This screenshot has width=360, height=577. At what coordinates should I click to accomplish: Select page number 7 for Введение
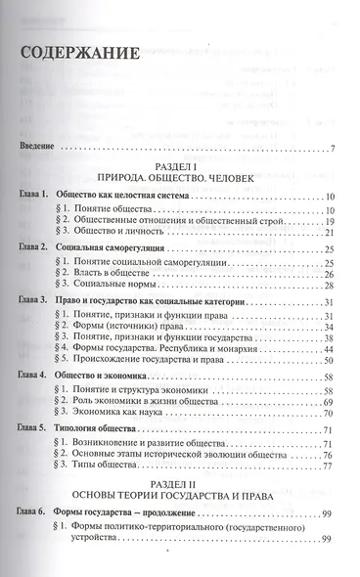(x=333, y=149)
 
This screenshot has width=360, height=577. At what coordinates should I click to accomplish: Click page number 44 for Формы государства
(x=330, y=349)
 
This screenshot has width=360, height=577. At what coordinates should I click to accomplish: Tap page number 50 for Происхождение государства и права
(x=330, y=361)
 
